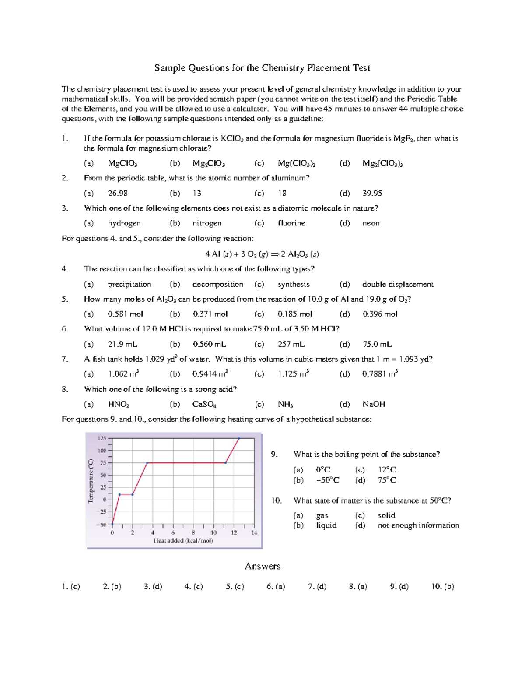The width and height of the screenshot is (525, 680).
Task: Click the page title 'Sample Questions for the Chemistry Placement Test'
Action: tap(262, 68)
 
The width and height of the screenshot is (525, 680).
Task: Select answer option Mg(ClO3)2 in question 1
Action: tap(296, 164)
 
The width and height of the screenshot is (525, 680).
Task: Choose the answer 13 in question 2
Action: tap(197, 194)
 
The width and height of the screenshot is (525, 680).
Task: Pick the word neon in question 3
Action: tap(371, 223)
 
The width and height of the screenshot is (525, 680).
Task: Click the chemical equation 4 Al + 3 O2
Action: tap(262, 254)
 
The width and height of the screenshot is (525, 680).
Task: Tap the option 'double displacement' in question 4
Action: tap(397, 285)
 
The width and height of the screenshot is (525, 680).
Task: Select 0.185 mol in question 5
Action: tap(294, 314)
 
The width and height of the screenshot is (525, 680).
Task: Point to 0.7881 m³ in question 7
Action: tap(379, 374)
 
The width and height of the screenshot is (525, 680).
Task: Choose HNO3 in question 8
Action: tap(118, 405)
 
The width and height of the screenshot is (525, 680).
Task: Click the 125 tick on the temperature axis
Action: tap(101, 438)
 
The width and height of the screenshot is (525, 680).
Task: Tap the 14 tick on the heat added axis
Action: tap(254, 533)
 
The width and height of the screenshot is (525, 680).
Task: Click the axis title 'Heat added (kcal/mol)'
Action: tap(183, 541)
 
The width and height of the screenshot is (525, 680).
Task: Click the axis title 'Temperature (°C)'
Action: tap(91, 481)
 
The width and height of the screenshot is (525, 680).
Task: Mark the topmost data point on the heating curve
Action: tap(239, 438)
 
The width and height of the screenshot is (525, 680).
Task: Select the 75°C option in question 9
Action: tap(387, 480)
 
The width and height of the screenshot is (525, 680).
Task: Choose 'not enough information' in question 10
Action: tap(418, 525)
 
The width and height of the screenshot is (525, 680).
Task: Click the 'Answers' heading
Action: tap(262, 567)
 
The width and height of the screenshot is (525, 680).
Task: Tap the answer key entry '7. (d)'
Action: tap(317, 587)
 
